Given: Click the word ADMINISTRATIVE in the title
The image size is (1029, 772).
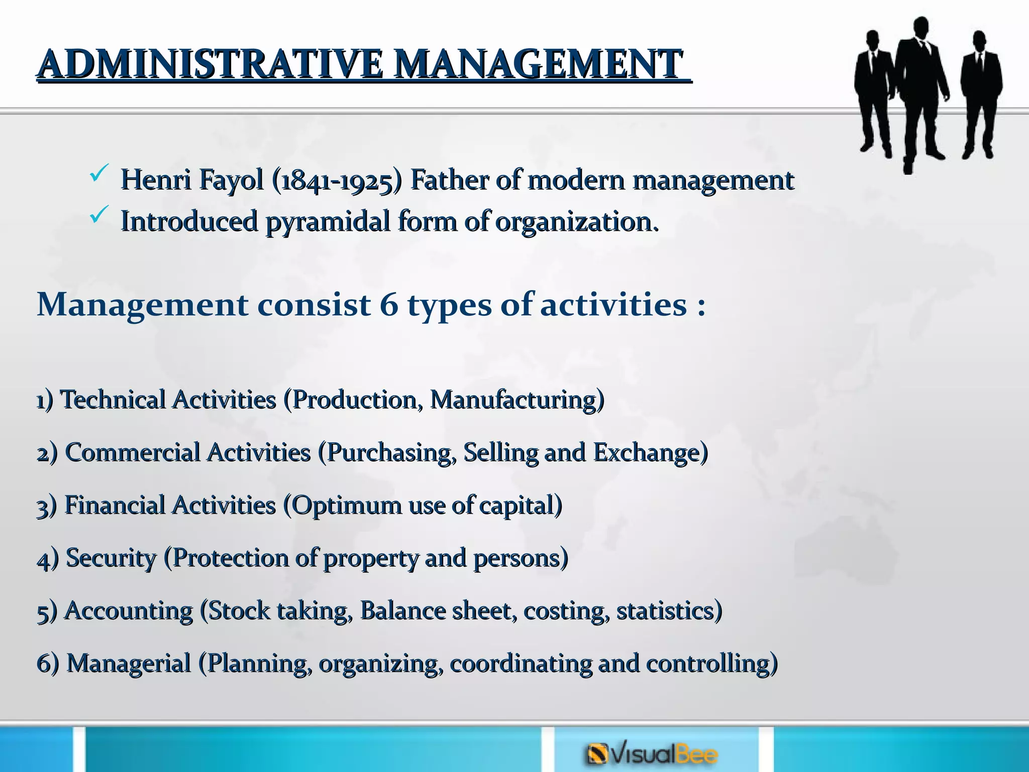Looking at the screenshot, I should (x=211, y=64).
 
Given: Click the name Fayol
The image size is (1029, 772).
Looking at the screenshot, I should (x=231, y=180).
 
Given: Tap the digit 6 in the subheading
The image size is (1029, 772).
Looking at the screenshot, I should (x=389, y=305).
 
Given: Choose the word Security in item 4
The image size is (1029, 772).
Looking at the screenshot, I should (x=111, y=558).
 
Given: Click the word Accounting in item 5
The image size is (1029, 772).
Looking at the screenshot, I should (x=129, y=611).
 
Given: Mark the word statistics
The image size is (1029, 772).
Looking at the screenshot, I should (x=668, y=611).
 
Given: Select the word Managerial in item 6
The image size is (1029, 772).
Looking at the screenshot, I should (x=129, y=663).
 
